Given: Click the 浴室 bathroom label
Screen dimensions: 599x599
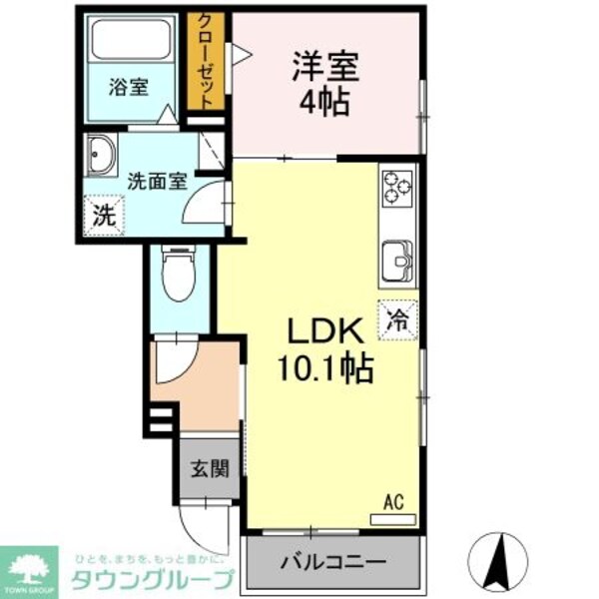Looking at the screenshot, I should click(129, 87).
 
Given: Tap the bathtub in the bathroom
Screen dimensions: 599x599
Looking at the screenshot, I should click(131, 40).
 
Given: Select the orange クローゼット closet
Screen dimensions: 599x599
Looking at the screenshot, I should click(206, 62).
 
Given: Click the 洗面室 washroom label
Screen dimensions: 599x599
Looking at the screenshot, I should click(158, 182).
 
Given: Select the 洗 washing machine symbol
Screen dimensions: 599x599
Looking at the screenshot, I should click(103, 212).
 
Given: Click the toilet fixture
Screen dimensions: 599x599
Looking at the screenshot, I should click(181, 272).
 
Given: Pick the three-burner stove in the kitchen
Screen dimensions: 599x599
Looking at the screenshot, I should click(395, 187).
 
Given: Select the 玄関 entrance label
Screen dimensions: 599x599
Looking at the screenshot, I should click(210, 468).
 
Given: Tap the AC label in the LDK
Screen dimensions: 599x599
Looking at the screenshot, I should click(393, 503).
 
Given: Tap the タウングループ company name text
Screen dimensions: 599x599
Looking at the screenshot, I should click(150, 577).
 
